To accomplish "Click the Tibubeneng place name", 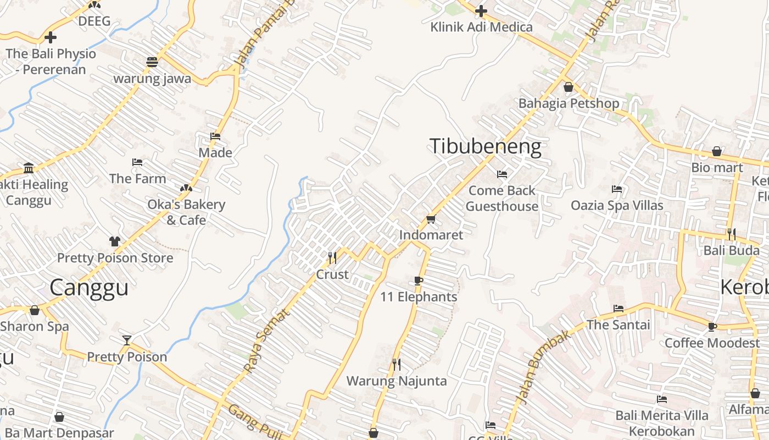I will point(485,147).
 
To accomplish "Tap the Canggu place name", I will point(89,288).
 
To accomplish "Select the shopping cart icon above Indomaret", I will point(431,219).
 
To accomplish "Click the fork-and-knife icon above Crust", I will point(332,258).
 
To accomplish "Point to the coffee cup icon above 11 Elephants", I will point(419,281).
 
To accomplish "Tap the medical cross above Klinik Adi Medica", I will point(481,10).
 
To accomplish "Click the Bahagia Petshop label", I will point(569,103).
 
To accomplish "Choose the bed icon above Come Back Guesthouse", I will point(501,174).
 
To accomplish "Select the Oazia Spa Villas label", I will point(617,206).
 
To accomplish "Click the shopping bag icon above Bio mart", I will point(717,151).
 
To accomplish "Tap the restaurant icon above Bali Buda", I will point(731,234).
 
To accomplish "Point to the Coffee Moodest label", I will point(712,343).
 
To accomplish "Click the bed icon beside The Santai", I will point(618,309).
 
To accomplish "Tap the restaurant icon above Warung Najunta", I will point(396,364).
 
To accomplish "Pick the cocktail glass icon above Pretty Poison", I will point(127,340).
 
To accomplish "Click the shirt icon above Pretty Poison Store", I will point(114,241).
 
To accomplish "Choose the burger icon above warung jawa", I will point(152,62).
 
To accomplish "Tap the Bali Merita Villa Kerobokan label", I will point(661,423).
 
